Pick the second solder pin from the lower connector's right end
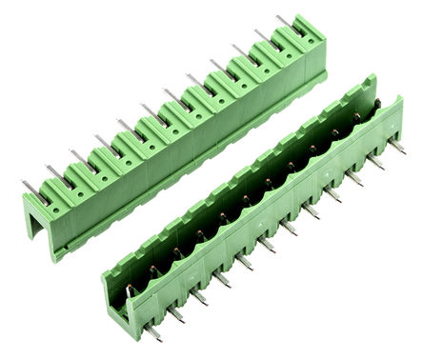(x=375, y=161)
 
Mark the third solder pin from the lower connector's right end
(x=353, y=177)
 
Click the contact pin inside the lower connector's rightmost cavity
(x=360, y=117)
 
